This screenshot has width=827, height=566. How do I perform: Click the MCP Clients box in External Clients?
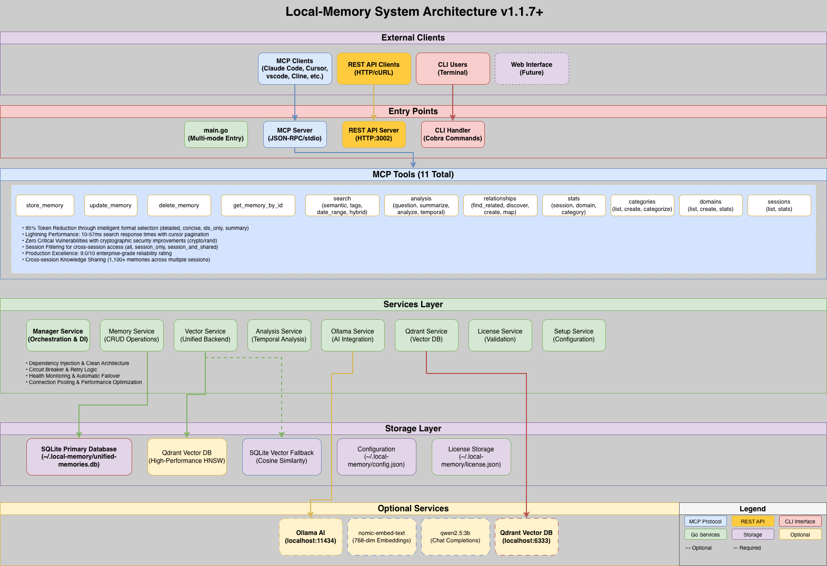point(295,68)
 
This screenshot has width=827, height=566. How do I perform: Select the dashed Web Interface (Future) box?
point(532,68)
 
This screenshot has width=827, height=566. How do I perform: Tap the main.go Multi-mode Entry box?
point(216,134)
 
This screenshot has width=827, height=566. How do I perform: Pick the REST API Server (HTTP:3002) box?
point(374,134)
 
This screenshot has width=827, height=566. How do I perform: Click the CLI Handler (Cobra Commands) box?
point(453,134)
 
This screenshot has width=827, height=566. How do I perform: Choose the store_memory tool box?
point(45,205)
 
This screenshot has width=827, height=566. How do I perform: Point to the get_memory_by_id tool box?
point(258,205)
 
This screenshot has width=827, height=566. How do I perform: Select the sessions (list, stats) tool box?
point(779,205)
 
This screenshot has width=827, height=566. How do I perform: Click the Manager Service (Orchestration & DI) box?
point(58,335)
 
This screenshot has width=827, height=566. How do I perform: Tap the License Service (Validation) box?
point(500,335)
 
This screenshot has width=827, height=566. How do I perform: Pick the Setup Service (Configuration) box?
point(574,335)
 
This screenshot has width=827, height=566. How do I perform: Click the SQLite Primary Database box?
point(79,457)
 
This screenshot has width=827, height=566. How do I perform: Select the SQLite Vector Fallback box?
point(282,457)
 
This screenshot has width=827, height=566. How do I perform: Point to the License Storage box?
point(471,457)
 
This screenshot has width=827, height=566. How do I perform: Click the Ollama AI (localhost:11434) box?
point(311,537)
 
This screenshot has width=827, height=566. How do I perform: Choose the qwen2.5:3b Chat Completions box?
point(455,537)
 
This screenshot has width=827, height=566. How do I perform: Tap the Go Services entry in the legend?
point(705,534)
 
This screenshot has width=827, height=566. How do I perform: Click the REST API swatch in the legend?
point(753,521)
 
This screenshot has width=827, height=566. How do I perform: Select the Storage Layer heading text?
point(413,429)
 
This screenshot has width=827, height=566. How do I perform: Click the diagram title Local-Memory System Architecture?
point(414,12)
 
